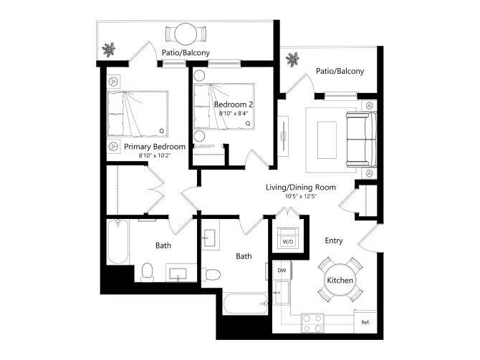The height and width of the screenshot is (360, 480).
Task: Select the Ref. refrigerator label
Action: point(365,321)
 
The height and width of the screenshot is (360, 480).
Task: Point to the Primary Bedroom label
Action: point(155,147)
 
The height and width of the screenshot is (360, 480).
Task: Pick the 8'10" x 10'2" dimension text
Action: point(155,156)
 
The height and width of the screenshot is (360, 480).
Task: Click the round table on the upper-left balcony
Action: point(186,34)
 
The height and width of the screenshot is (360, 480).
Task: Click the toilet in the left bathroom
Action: point(148,271)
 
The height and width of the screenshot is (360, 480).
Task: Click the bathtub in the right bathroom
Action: point(244,305)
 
